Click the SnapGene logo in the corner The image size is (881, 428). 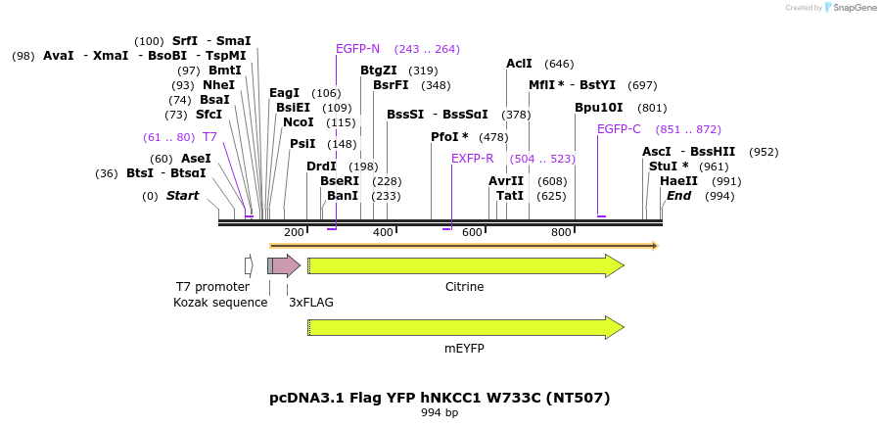coord(830,8)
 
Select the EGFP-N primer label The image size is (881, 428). coord(357,49)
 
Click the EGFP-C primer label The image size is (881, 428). coord(619,129)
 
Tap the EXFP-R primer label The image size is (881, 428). coord(472,159)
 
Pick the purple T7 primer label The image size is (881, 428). coord(209,137)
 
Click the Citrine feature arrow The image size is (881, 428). coord(465,265)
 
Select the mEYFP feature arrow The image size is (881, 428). coord(465,327)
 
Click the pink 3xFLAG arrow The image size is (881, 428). coord(287,265)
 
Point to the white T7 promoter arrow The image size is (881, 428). coord(249,265)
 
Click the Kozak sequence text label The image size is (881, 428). coord(220,303)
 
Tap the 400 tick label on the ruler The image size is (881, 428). coord(383,232)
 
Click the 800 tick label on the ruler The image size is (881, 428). coord(561,232)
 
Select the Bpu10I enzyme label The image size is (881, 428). coord(598,108)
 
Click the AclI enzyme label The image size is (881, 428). coord(519,64)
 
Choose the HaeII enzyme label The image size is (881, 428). coord(678,181)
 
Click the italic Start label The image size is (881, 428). coord(182,196)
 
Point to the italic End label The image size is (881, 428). coord(678,196)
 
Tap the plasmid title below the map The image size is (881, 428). coord(440,398)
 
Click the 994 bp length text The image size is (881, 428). coord(440,413)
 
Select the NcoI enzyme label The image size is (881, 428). coord(298,122)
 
